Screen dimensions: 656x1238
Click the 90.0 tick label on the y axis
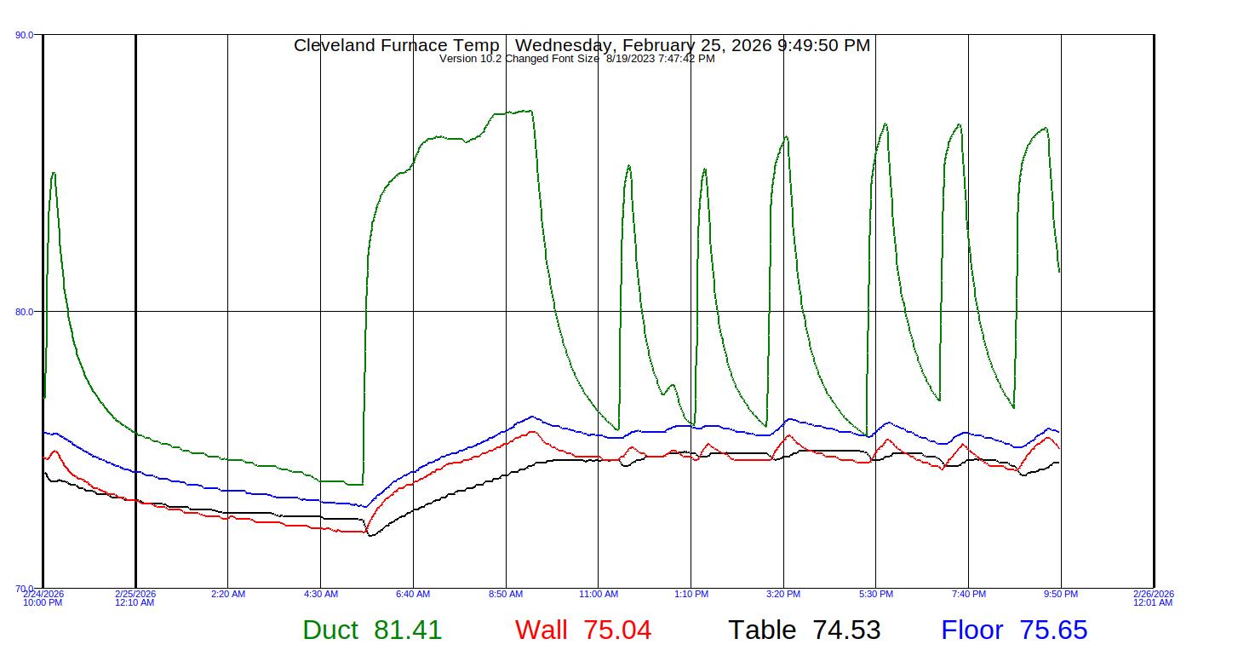(25, 35)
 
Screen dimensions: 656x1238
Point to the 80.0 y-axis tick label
(25, 312)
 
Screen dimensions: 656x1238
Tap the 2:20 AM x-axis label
(228, 595)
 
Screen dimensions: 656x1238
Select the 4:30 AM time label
(321, 595)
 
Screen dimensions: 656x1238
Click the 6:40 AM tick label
(413, 595)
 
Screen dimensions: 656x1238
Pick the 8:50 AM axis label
(506, 595)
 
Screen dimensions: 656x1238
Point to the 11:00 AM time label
(599, 595)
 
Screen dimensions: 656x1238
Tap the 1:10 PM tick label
(691, 595)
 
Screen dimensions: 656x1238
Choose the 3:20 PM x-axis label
(783, 595)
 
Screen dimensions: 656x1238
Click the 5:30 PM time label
(876, 595)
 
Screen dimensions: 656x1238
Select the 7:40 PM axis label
(969, 595)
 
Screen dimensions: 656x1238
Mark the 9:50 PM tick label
(1061, 595)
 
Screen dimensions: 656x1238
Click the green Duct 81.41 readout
(372, 630)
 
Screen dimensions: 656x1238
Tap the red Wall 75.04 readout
(583, 630)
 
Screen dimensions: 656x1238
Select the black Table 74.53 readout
(804, 630)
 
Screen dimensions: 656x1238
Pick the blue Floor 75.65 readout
(1014, 630)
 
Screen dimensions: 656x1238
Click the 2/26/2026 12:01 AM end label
(1153, 598)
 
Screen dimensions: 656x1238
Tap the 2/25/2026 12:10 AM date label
(135, 598)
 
